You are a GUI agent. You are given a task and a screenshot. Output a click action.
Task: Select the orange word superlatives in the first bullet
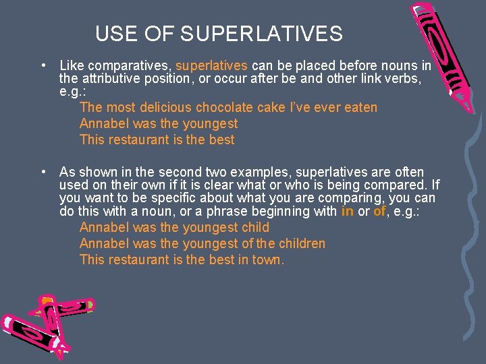[x=212, y=66]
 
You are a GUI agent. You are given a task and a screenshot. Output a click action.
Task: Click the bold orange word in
[x=347, y=211]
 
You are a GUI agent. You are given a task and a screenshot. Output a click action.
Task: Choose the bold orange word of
[x=379, y=211]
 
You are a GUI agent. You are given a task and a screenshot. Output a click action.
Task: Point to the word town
[x=268, y=260]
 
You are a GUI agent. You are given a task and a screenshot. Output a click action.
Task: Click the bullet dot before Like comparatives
[x=43, y=66]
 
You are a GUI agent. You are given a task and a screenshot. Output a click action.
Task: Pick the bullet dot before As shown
[x=43, y=172]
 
